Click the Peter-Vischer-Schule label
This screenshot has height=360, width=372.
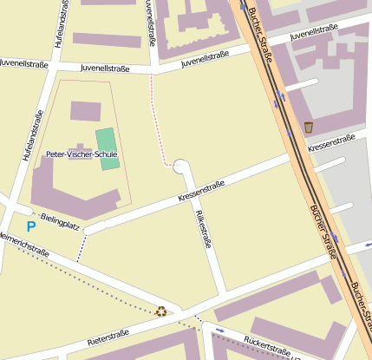[81, 154]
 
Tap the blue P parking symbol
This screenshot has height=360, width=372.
[31, 226]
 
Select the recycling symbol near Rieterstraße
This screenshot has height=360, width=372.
[161, 311]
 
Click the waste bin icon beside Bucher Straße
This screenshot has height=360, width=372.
[308, 128]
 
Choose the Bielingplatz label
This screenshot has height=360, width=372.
[60, 225]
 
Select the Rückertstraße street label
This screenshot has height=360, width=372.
[266, 345]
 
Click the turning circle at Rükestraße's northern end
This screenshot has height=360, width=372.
[182, 167]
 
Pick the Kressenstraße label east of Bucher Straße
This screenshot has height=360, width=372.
[332, 141]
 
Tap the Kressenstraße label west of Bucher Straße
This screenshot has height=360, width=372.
[201, 193]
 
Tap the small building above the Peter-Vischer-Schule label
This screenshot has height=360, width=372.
[85, 110]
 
